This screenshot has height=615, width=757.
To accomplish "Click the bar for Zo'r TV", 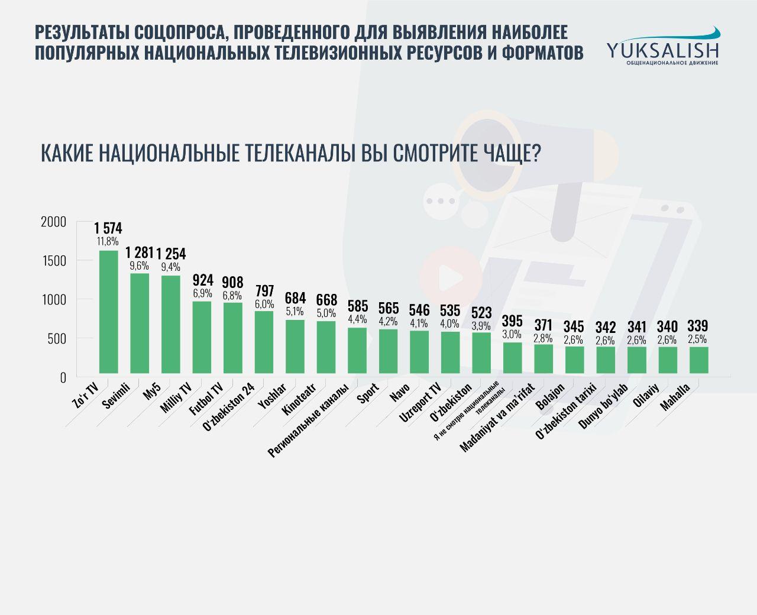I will coord(108,312).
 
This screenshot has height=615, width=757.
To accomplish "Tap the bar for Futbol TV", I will coord(232,338).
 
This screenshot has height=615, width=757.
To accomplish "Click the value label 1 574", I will coord(108,229).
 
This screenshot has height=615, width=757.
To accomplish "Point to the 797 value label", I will coord(264,292).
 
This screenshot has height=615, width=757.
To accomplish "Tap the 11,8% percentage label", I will coord(108,241).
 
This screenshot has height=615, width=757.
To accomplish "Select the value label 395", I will coord(512,321).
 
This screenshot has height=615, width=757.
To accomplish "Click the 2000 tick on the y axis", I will coord(53,222).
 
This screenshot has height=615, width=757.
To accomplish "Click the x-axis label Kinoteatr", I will coord(299,400).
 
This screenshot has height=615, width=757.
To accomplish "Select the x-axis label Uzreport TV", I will coord(420,403).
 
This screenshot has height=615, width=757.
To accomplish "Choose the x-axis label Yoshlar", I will coord(272,396).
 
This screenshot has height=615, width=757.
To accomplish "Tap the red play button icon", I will coord(449,276).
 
